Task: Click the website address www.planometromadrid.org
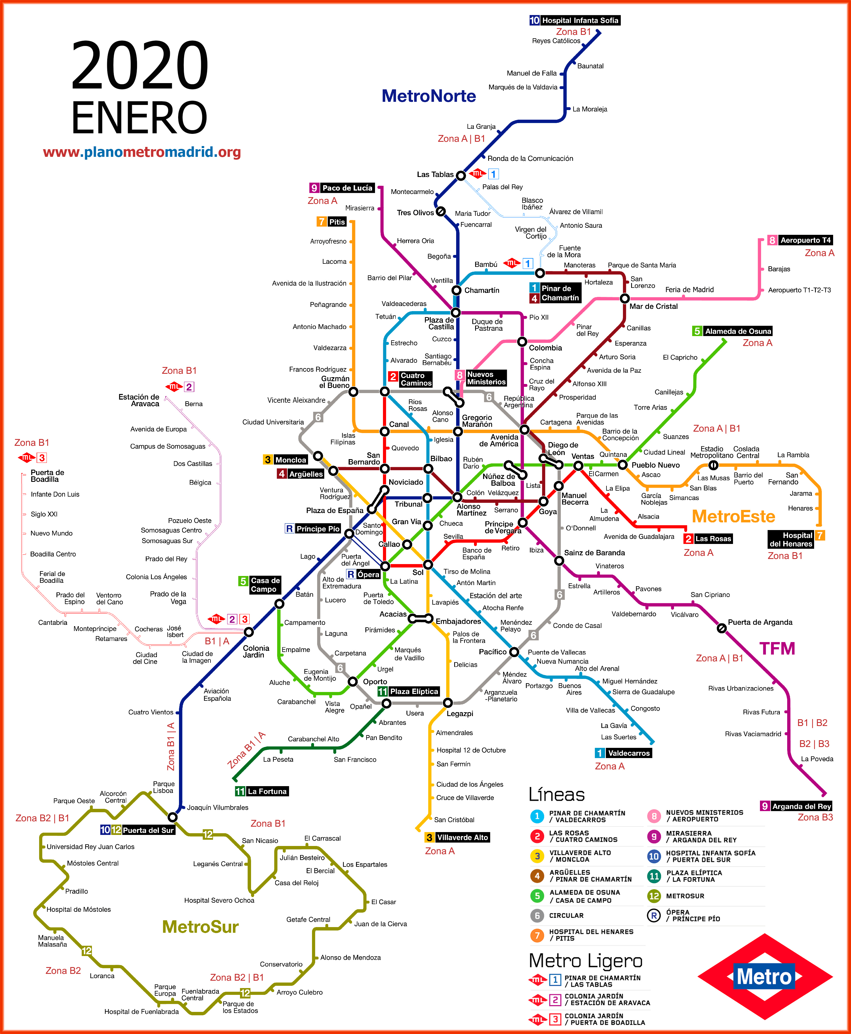[x=142, y=152]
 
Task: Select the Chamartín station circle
[x=456, y=290]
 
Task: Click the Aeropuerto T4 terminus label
[x=805, y=240]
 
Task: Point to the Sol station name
[x=418, y=572]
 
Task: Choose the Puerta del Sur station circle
[x=172, y=817]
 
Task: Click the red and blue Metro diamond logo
[x=765, y=977]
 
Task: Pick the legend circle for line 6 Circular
[x=537, y=915]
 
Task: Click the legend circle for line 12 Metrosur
[x=654, y=896]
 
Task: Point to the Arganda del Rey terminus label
[x=801, y=806]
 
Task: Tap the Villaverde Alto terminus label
[x=462, y=837]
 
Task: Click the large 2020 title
[x=140, y=65]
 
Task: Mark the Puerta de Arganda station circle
[x=722, y=628]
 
